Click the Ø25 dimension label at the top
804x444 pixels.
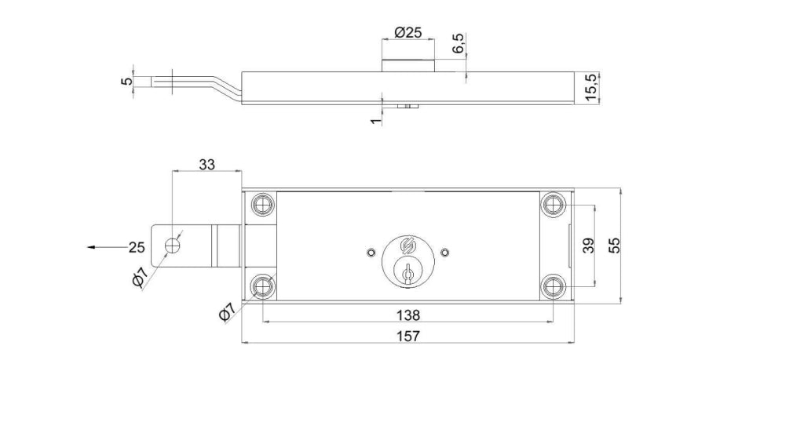click(408, 32)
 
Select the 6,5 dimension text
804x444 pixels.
click(459, 43)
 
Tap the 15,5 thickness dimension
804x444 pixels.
click(590, 88)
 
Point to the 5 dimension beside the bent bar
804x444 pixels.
click(126, 81)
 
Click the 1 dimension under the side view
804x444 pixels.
click(376, 121)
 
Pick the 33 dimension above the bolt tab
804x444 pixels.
click(206, 165)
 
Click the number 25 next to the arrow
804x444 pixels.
click(137, 247)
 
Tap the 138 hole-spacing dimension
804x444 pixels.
click(408, 315)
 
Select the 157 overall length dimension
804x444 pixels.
click(408, 336)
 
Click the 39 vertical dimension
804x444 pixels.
click(589, 246)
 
